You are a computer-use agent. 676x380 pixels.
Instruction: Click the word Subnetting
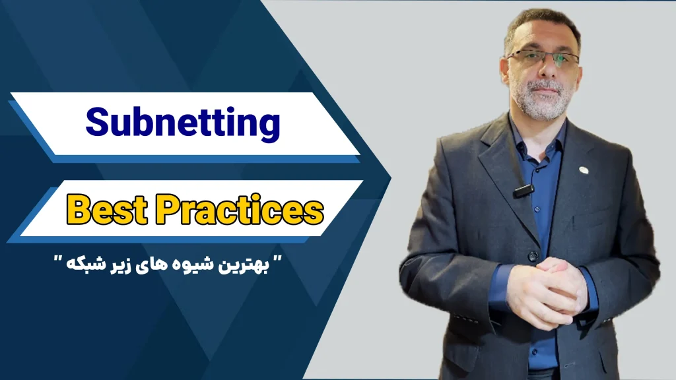pyautogui.click(x=183, y=123)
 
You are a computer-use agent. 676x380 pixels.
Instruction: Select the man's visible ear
pyautogui.click(x=504, y=69)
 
